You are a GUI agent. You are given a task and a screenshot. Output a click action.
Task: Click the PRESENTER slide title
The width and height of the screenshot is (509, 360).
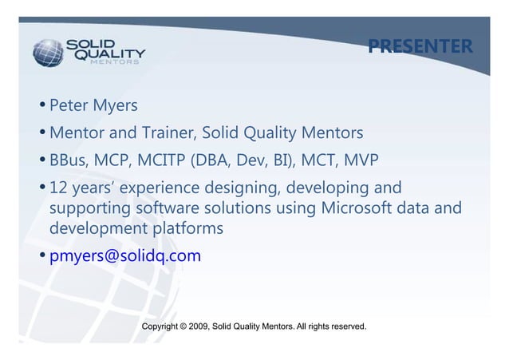coord(420,46)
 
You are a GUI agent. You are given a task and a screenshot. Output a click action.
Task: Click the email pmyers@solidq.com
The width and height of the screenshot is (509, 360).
coord(125,256)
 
